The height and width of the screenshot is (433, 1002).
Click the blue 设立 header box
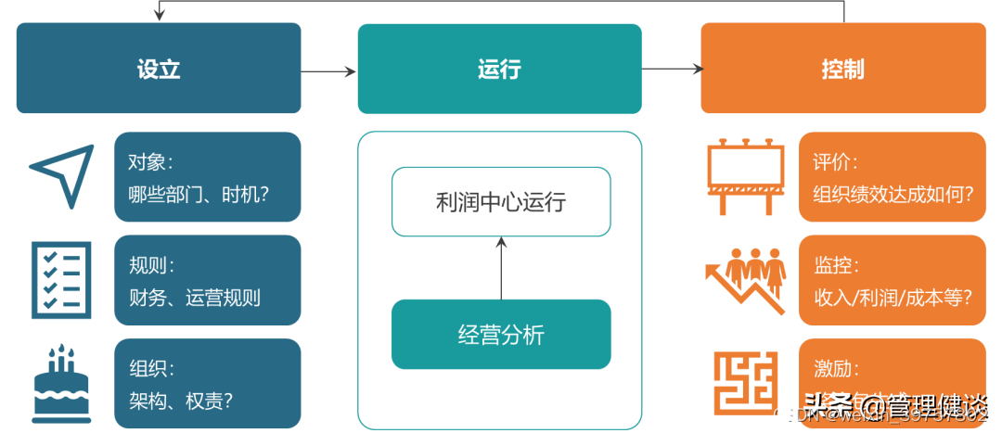(159, 70)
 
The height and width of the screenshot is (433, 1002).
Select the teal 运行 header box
(499, 70)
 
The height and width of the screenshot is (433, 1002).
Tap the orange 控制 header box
(842, 70)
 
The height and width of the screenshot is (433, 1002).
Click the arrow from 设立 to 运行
(329, 70)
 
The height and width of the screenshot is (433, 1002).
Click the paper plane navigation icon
(61, 177)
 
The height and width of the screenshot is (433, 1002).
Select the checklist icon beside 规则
(61, 280)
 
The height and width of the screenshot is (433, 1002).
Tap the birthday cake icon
(61, 382)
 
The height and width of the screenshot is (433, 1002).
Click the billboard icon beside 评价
(745, 176)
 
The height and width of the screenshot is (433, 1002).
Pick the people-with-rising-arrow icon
(745, 280)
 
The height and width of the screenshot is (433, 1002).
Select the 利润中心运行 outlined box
(500, 202)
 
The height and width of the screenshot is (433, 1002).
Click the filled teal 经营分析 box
(500, 335)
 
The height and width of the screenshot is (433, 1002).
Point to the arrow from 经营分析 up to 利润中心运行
(501, 268)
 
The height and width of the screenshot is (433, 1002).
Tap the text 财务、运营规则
(196, 298)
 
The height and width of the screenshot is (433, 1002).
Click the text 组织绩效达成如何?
(893, 195)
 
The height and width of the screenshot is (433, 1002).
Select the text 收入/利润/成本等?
(892, 298)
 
